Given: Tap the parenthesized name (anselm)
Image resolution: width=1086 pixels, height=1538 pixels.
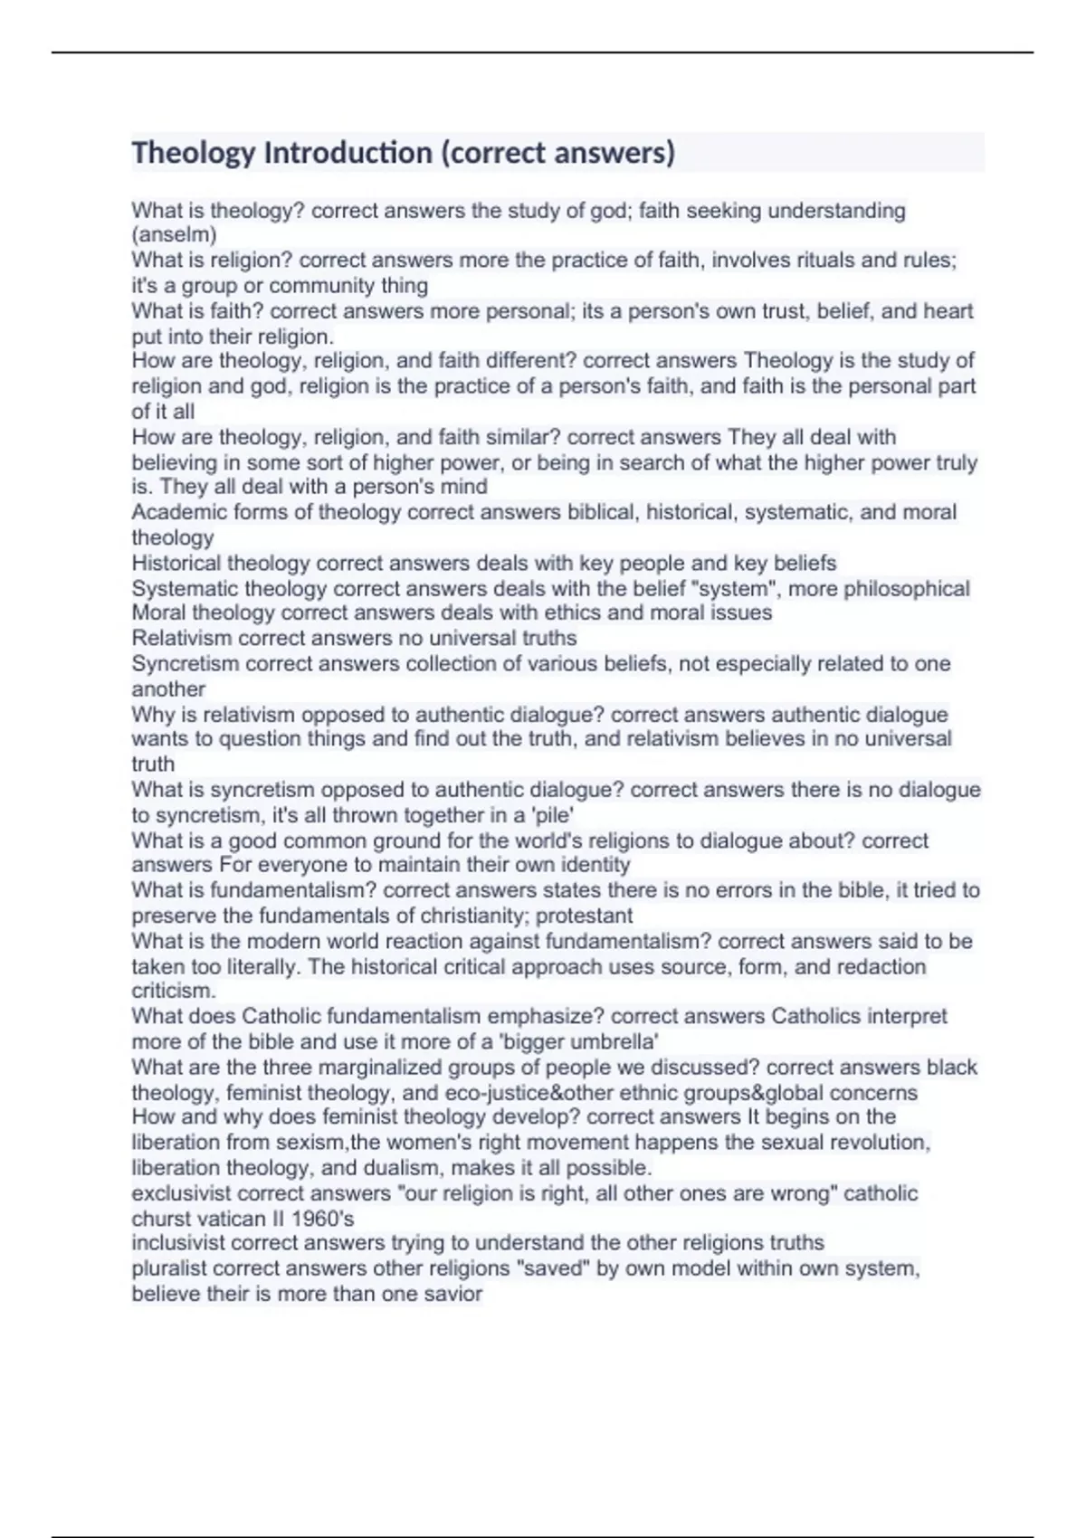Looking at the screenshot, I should click(x=174, y=235).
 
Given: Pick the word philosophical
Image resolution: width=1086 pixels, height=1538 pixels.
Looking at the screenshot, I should click(x=906, y=589).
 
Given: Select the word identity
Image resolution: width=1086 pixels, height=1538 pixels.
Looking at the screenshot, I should click(x=594, y=865).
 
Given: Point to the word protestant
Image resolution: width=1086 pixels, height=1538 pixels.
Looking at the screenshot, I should click(x=585, y=916).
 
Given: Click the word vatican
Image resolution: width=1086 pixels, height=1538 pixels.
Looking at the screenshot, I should click(x=226, y=1219).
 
